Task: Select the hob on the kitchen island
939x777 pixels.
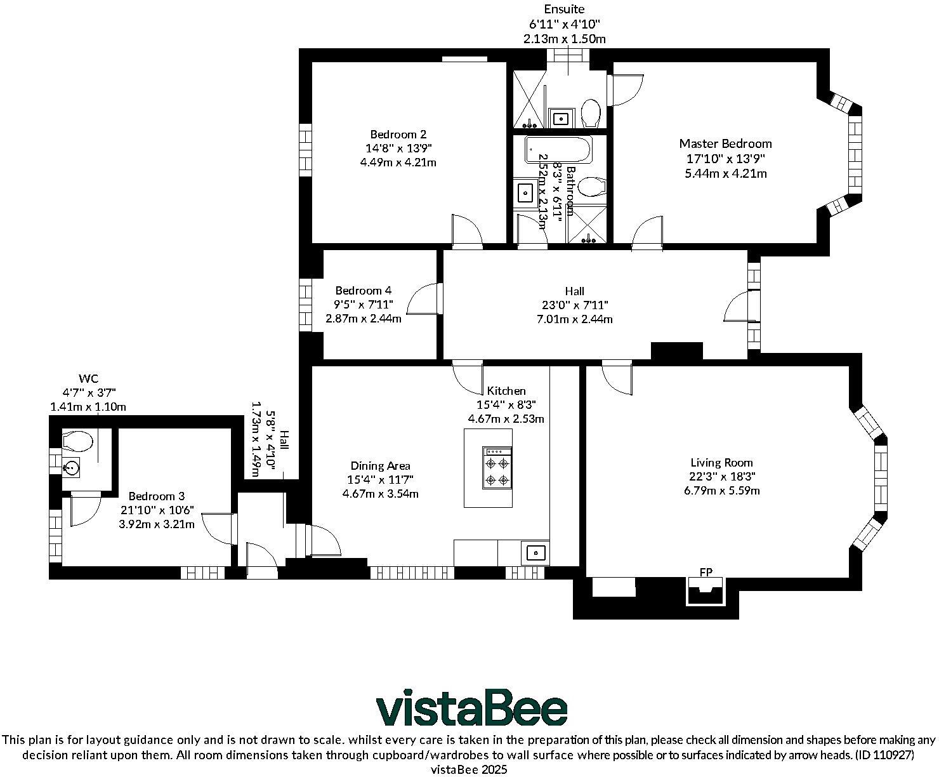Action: point(497,467)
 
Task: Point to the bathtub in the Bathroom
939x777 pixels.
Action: point(558,150)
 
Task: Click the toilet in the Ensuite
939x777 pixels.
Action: point(591,113)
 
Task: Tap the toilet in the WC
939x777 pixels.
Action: point(77,440)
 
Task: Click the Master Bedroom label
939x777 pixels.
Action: point(725,144)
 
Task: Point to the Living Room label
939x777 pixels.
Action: point(721,463)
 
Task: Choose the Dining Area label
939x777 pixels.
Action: point(380,466)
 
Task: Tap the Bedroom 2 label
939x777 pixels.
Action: point(398,135)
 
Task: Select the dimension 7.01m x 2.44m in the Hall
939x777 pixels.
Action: point(574,319)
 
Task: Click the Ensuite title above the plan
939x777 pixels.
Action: point(564,10)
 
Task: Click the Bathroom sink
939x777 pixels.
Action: point(525,192)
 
